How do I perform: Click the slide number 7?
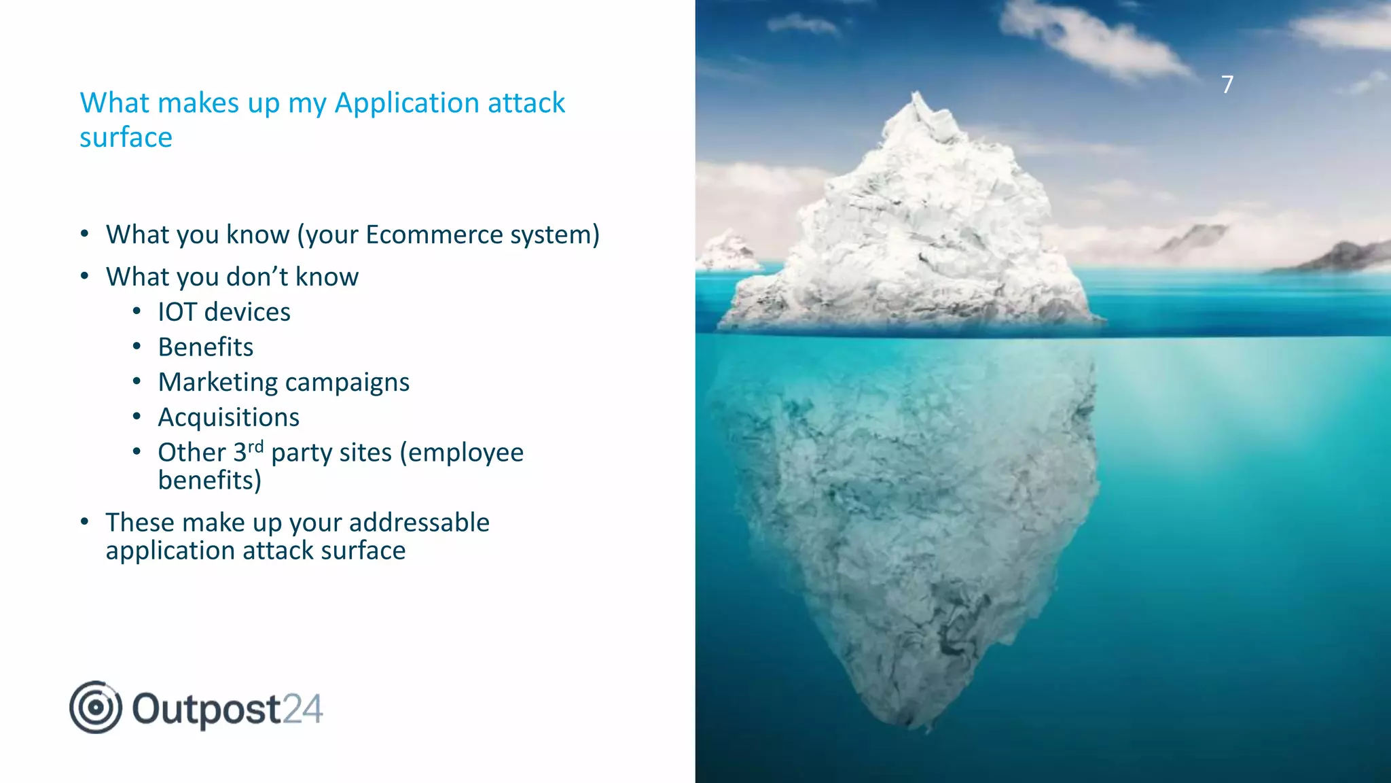(x=1227, y=84)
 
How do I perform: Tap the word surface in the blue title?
(x=126, y=138)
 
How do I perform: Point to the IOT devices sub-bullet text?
(x=224, y=312)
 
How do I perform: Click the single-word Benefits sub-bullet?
(x=206, y=347)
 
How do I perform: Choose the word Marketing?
(x=217, y=383)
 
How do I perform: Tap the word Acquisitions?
(x=229, y=417)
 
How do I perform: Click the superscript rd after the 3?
(x=255, y=447)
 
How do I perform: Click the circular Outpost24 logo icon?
(x=96, y=708)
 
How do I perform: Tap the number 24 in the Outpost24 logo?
(x=302, y=709)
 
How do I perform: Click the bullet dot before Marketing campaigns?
(x=137, y=381)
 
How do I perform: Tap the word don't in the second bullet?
(x=257, y=277)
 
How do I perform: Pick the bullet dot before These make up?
(x=85, y=522)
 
